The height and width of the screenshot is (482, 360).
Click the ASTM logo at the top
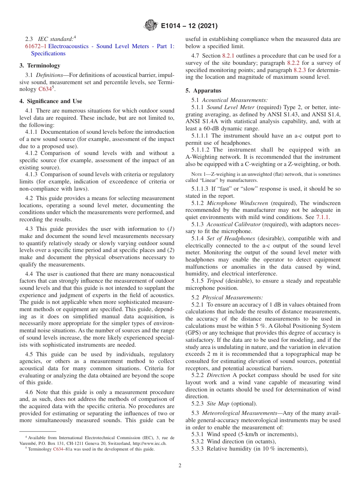tap(150, 26)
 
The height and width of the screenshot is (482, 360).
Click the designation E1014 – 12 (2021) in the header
tap(189, 26)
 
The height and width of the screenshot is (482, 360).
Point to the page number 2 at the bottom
tap(180, 466)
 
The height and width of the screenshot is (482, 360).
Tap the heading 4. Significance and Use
tap(51, 101)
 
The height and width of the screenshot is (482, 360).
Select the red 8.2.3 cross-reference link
tap(300, 70)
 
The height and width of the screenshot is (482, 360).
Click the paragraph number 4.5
tap(30, 354)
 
